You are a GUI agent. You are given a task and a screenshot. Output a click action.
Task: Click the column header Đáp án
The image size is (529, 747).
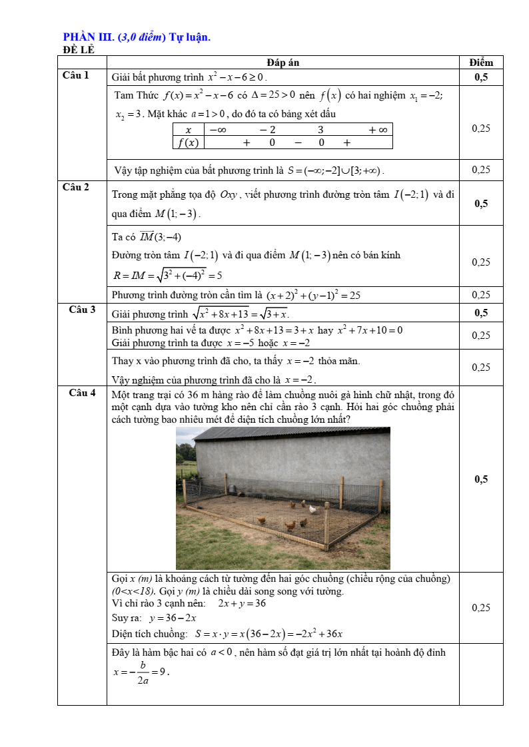[x=283, y=63]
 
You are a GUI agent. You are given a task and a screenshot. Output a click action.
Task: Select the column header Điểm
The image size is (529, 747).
[x=480, y=63]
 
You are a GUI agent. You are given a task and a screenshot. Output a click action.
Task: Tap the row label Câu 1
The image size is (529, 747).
[x=75, y=75]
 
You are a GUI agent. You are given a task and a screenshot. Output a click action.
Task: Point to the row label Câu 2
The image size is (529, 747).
[x=75, y=187]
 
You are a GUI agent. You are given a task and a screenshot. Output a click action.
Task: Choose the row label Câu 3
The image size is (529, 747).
[x=82, y=310]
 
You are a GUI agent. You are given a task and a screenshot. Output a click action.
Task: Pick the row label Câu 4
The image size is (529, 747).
[x=82, y=393]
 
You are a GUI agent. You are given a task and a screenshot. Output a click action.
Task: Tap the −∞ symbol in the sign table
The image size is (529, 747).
[x=217, y=130]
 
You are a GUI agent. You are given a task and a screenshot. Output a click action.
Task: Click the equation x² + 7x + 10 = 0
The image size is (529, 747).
[x=370, y=330]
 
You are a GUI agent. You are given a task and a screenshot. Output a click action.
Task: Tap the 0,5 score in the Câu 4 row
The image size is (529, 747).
[x=480, y=479]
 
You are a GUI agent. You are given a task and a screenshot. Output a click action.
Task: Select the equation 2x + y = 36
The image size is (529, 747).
[x=242, y=603]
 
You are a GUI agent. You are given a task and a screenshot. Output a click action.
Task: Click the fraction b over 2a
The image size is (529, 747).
[x=143, y=672]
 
